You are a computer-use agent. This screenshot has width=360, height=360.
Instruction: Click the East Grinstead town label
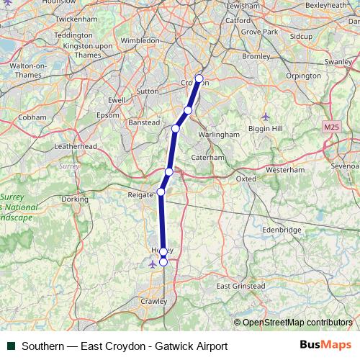[x=240, y=286]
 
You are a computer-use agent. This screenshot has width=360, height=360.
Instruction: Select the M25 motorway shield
[x=330, y=127]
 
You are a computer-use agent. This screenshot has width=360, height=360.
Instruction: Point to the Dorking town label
[x=75, y=199]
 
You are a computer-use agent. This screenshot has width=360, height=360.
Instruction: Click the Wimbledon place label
[x=140, y=41]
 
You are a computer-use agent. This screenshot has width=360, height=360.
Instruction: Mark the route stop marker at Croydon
[x=199, y=78]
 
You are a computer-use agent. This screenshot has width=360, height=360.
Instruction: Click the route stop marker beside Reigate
[x=161, y=192]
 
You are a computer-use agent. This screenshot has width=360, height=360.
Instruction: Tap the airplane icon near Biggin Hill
[x=266, y=116]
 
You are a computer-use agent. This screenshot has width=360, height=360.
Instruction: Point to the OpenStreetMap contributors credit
[x=297, y=323]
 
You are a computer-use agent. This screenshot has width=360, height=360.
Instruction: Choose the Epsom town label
[x=109, y=115]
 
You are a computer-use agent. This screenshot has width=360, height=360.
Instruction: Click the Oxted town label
[x=246, y=178]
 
